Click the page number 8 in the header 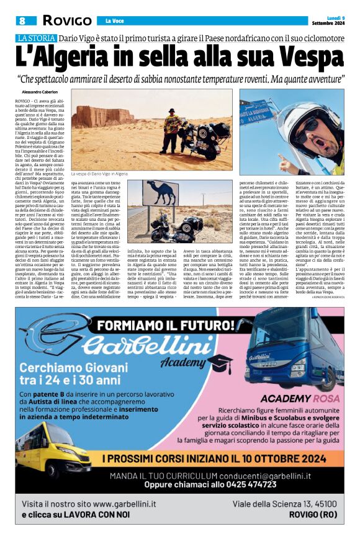click(x=22, y=20)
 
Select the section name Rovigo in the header click(x=66, y=20)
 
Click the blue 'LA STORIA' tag click(x=35, y=38)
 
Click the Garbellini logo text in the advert click(x=137, y=345)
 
